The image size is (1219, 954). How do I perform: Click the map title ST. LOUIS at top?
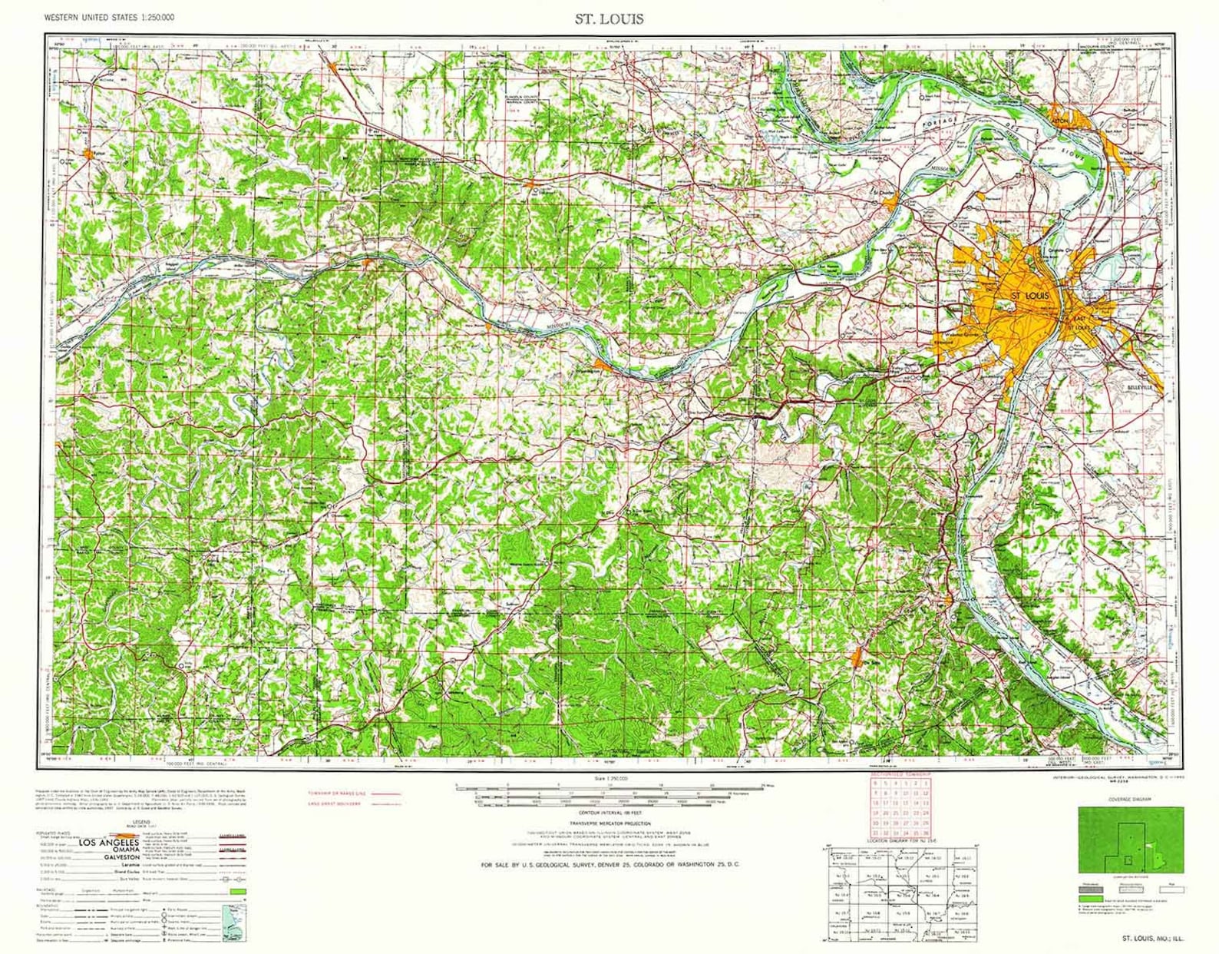[x=609, y=18]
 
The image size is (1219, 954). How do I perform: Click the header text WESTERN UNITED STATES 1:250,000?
[x=109, y=17]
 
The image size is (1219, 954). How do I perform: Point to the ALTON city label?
[x=1059, y=121]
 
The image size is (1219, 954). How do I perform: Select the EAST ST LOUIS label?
[x=1080, y=323]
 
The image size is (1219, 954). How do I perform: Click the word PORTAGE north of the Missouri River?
[x=940, y=123]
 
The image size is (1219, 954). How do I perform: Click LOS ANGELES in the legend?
[x=108, y=843]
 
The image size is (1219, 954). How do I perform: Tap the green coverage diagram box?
[x=1130, y=840]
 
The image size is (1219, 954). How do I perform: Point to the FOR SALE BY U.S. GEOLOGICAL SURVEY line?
[x=610, y=865]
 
